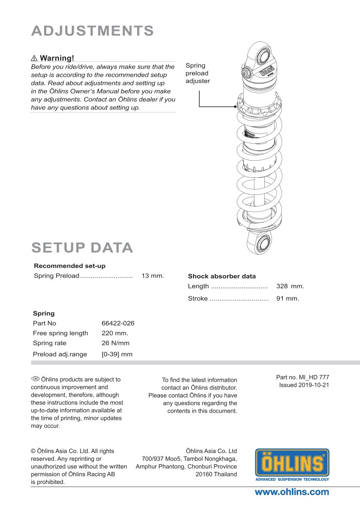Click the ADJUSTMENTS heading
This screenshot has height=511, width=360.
tap(92, 31)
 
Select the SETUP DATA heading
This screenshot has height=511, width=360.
tap(82, 248)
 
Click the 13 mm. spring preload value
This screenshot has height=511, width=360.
tap(153, 276)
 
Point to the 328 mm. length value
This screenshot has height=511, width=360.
tap(290, 286)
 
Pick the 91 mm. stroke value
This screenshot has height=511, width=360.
tap(287, 298)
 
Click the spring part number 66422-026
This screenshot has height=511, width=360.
tap(118, 323)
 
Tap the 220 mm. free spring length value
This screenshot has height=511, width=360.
tap(115, 333)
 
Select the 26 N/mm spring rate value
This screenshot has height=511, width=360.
tap(115, 343)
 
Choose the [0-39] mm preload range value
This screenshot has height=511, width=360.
tap(117, 354)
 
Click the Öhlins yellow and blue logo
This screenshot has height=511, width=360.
tap(292, 465)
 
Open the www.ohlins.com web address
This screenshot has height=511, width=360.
tap(292, 492)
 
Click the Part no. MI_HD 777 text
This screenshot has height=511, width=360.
tap(303, 377)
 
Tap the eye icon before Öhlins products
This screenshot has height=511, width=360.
tap(35, 379)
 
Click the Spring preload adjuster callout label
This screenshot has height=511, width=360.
tap(197, 73)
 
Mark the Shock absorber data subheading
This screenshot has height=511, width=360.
tap(222, 276)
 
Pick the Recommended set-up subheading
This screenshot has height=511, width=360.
tap(70, 266)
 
